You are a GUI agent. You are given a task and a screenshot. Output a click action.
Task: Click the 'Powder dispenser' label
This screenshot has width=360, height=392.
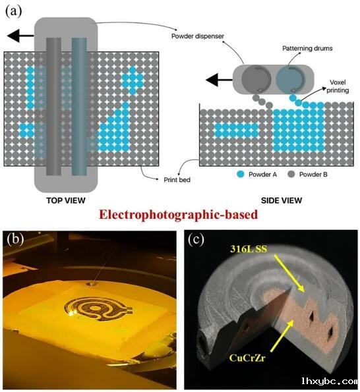tap(198, 36)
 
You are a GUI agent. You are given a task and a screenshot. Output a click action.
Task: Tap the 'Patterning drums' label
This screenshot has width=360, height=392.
tap(307, 48)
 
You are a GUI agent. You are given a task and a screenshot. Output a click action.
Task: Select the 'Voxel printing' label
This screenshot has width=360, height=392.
tap(338, 86)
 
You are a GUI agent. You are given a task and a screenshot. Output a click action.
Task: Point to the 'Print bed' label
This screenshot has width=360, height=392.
tap(177, 180)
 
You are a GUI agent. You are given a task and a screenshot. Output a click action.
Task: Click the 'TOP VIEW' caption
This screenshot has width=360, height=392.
tap(66, 200)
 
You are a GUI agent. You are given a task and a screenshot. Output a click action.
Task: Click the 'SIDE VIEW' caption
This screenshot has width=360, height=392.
tap(282, 200)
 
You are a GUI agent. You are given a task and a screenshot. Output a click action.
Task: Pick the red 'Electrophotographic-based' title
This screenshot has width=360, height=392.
tap(178, 215)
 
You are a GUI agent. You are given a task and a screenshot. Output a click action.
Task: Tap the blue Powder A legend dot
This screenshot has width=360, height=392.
tap(241, 174)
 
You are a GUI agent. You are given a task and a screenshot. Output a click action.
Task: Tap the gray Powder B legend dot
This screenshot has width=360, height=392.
tap(291, 174)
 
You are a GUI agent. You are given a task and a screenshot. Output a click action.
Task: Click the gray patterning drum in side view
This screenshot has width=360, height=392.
tap(256, 79)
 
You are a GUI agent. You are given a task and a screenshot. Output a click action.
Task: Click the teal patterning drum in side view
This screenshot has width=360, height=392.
tap(291, 79)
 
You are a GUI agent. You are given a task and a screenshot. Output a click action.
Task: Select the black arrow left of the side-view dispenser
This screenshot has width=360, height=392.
tap(219, 80)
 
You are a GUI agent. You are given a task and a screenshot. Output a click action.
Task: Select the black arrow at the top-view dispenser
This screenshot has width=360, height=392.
tap(20, 36)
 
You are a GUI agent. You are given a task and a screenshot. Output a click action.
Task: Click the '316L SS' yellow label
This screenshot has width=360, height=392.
tap(249, 249)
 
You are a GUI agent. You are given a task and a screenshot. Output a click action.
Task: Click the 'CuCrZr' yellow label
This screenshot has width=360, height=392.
tap(247, 358)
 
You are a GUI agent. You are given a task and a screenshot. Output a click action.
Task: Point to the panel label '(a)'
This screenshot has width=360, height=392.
tap(13, 11)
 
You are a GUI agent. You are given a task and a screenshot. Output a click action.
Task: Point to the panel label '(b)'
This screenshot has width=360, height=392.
tap(16, 238)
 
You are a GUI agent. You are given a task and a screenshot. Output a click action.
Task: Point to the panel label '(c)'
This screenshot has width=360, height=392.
tap(196, 240)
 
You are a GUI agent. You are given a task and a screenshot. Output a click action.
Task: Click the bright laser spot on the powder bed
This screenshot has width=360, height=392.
tap(73, 312)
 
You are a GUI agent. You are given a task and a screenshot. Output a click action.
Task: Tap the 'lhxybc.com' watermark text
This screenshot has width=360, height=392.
tap(329, 381)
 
